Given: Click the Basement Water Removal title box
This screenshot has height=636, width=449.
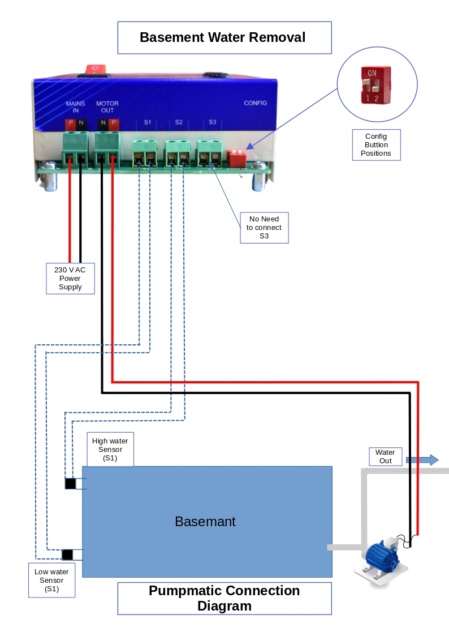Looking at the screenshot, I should (224, 38).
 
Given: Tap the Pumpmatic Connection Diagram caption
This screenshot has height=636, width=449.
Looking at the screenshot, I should (224, 598).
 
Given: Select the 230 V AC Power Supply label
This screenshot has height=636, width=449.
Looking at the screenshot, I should (70, 278).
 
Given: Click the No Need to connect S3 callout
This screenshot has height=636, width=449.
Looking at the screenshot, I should (264, 228).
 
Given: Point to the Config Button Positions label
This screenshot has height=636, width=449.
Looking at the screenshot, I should (376, 144).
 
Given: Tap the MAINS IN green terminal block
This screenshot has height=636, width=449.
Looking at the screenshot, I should (76, 148).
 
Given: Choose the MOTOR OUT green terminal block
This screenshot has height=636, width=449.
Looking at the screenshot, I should (107, 148).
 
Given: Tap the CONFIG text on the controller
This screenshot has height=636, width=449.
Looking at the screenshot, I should (255, 103).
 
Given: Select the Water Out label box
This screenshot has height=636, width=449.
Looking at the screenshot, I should (385, 456).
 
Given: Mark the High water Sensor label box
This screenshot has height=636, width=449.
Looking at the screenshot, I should (110, 450).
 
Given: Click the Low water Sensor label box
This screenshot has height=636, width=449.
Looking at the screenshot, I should (51, 580).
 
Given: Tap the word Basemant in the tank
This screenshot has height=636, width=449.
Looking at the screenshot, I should (205, 522).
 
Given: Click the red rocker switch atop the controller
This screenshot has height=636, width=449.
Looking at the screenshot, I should (96, 69).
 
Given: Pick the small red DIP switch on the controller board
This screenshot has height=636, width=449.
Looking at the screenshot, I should (236, 157).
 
